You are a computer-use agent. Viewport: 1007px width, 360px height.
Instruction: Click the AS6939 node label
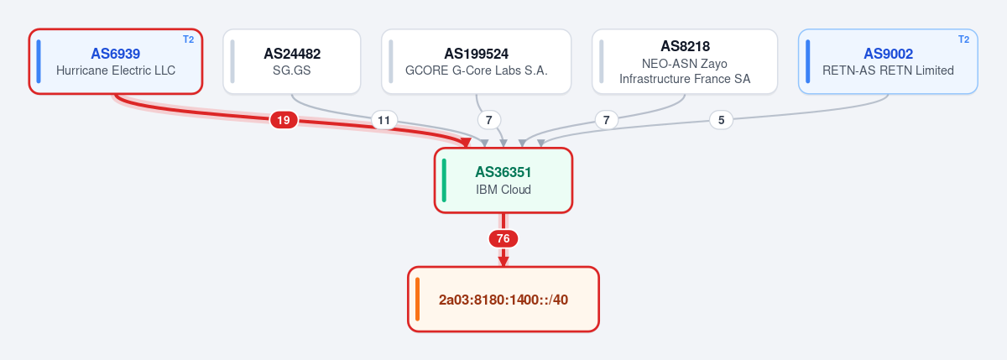click(116, 54)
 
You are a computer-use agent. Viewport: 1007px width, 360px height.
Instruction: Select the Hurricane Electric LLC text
click(116, 70)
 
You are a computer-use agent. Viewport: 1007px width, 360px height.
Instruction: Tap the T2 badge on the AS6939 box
click(188, 39)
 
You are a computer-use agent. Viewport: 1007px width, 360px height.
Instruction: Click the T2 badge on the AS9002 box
click(964, 39)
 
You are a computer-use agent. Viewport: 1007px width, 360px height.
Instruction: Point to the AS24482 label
click(292, 54)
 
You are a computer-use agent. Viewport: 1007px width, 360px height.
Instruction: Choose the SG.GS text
click(292, 70)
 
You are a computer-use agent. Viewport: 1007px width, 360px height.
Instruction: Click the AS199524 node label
click(476, 54)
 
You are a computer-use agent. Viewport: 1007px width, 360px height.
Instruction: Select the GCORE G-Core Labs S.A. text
click(476, 70)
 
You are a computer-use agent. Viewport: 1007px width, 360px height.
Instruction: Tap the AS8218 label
click(685, 46)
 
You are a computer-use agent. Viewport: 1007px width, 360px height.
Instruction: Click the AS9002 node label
click(889, 54)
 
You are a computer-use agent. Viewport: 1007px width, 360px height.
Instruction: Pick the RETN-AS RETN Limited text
click(889, 70)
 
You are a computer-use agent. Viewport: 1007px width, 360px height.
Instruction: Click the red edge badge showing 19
click(284, 120)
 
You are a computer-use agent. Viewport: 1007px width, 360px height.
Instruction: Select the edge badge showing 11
click(384, 120)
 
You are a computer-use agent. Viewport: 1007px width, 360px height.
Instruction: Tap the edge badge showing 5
click(721, 120)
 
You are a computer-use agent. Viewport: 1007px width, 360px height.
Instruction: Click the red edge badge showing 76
click(503, 238)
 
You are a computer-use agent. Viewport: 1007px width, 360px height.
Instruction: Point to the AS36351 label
click(503, 172)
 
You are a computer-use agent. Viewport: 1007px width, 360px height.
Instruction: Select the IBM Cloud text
click(503, 190)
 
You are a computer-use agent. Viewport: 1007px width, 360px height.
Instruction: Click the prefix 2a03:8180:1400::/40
click(503, 300)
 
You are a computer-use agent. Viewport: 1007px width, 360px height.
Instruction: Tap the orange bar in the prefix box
click(418, 300)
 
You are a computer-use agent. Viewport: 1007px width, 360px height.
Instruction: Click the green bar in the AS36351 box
click(444, 180)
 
